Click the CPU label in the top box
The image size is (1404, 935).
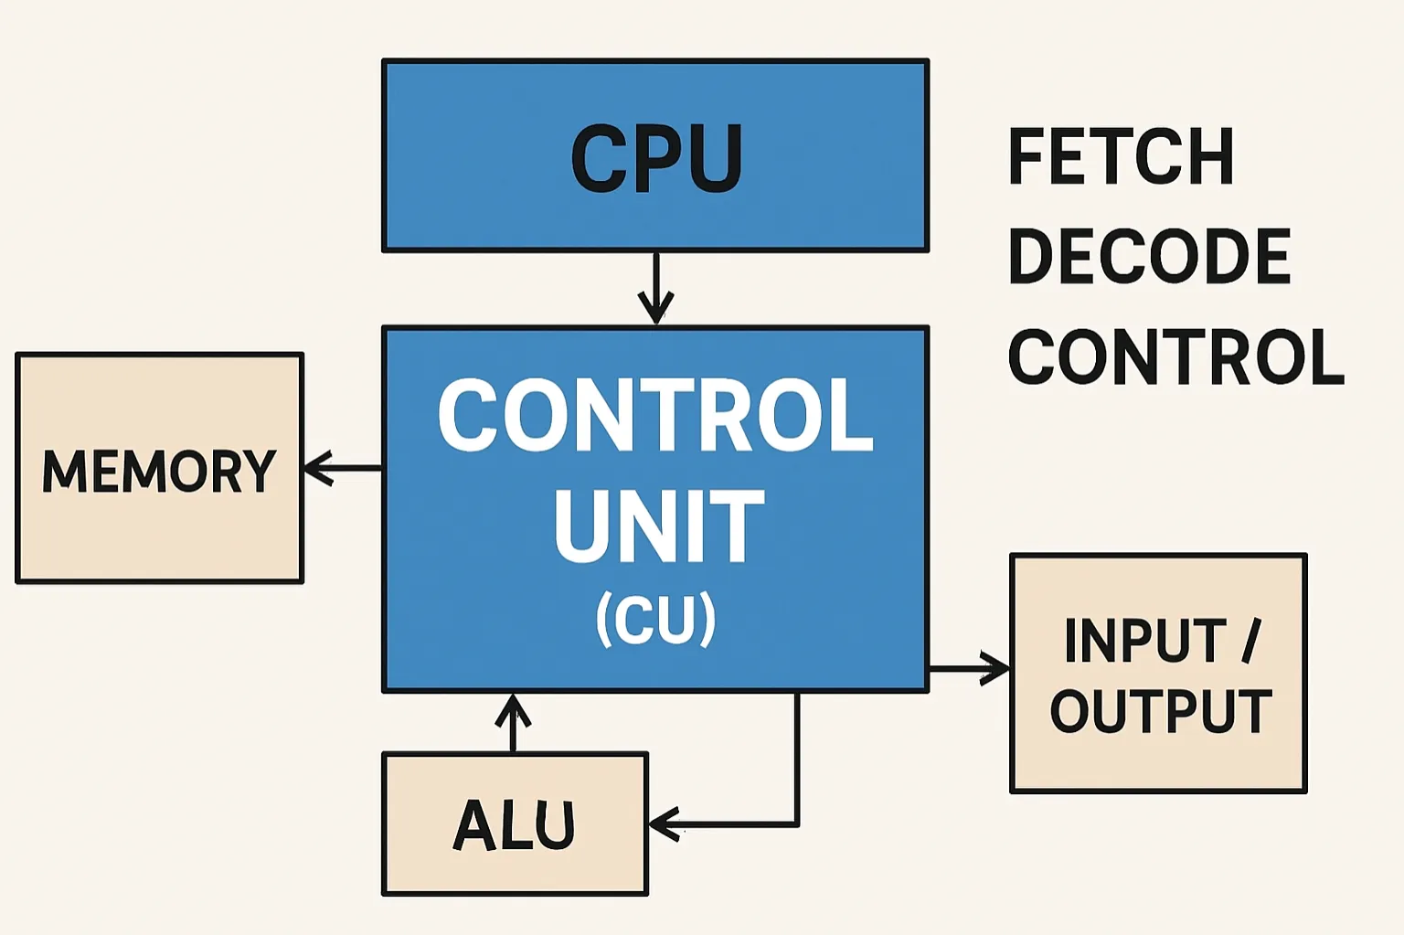coord(656,158)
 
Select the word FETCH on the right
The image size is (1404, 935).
coord(1121,157)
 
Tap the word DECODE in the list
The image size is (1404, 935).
coord(1148,257)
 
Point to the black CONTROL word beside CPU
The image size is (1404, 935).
coord(1175,357)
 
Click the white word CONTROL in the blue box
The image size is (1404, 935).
coord(655,416)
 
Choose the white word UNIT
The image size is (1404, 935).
coord(658,526)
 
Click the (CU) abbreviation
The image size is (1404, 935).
coord(656,620)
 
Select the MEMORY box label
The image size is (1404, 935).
coord(159,471)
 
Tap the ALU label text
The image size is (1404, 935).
coord(515,824)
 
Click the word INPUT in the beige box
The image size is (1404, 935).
coord(1144,641)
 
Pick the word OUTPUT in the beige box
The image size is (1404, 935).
coord(1161,711)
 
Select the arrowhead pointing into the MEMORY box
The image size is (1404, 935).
coord(316,468)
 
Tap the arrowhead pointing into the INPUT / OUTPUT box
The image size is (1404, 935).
coord(996,669)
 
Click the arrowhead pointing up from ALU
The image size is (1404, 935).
coord(514,708)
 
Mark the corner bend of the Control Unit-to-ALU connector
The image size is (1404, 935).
coord(797,824)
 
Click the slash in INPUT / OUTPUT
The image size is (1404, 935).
coord(1251,641)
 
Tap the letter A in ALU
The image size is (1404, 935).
coord(473,824)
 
